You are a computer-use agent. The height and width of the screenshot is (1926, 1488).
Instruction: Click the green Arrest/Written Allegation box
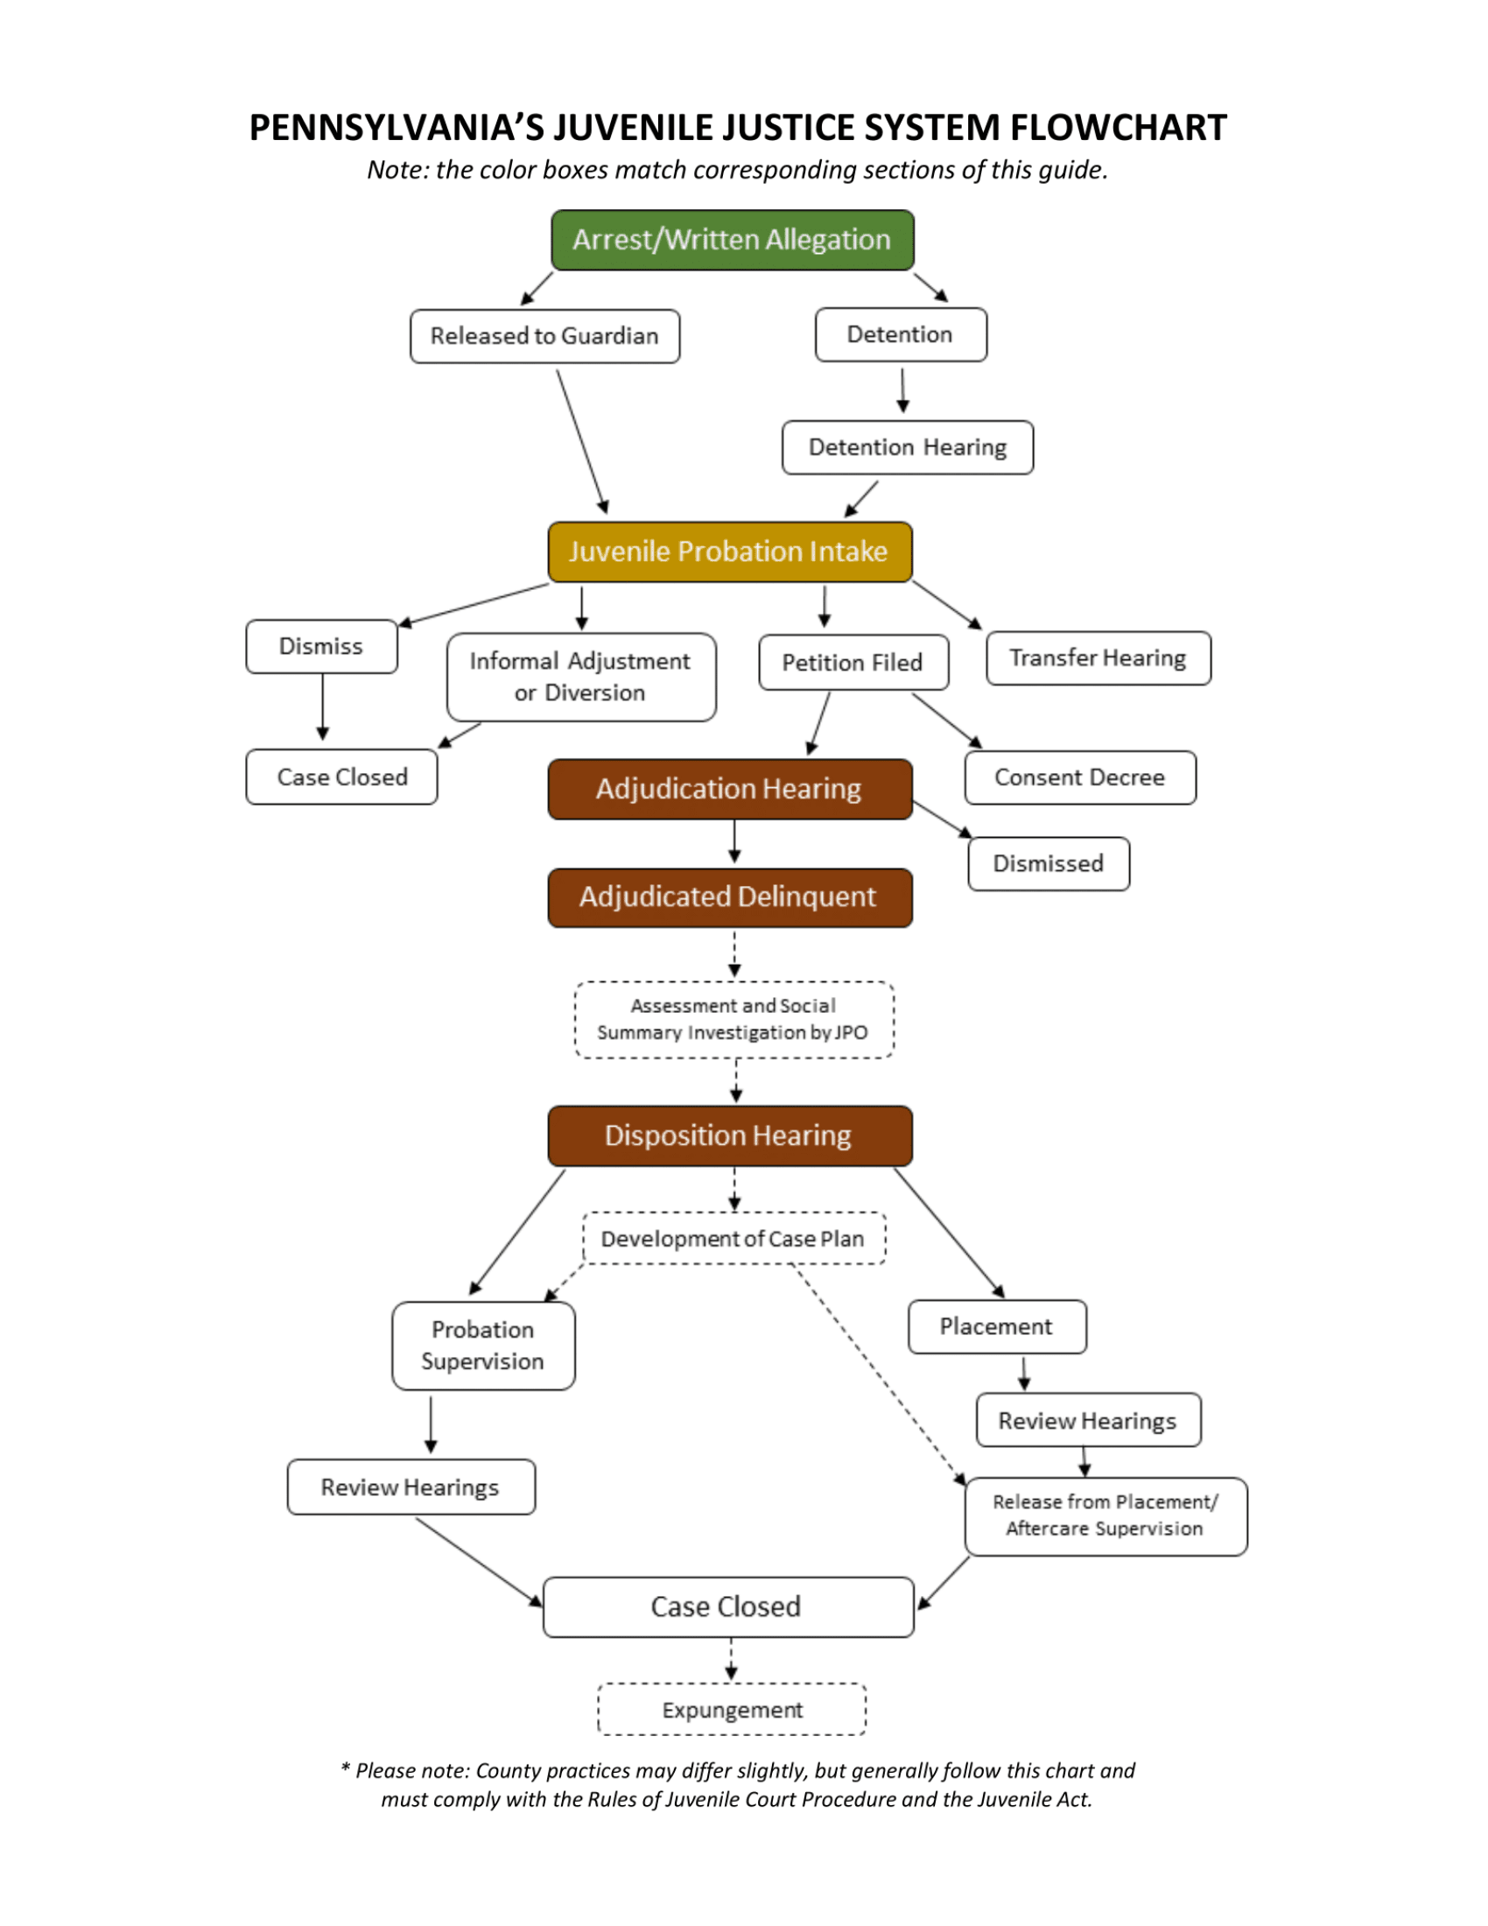(732, 240)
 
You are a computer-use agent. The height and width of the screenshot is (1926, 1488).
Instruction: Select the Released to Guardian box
(544, 336)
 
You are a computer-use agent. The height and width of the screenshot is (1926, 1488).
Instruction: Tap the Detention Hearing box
(907, 448)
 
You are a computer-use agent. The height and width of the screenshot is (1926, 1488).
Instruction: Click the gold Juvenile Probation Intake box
(729, 552)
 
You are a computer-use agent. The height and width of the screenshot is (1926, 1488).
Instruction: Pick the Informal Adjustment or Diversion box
(581, 678)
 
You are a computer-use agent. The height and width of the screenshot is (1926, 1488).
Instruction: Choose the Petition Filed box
(853, 663)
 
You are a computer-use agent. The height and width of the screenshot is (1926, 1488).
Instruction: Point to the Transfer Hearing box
(1098, 657)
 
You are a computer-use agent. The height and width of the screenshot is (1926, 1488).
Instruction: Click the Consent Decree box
(1080, 777)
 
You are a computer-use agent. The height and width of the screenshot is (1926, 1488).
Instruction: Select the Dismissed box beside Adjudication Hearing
(1048, 863)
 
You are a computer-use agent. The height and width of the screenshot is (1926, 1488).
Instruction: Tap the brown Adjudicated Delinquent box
(729, 897)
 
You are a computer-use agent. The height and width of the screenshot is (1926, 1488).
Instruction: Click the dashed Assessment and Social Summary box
(733, 1019)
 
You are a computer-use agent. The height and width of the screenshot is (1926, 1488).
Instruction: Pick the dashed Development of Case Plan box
(733, 1239)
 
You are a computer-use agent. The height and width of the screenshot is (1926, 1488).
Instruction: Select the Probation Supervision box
(483, 1346)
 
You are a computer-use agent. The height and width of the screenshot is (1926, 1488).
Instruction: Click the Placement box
(996, 1326)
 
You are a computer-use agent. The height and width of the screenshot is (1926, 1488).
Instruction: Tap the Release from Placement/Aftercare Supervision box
(1105, 1516)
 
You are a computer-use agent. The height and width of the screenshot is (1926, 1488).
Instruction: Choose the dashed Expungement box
(732, 1710)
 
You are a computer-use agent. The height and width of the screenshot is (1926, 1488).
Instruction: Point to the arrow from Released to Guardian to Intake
(582, 441)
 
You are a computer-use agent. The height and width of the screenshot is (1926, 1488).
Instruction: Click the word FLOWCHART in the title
(1118, 128)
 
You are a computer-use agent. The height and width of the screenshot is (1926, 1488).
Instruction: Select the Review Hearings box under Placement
(1088, 1421)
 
